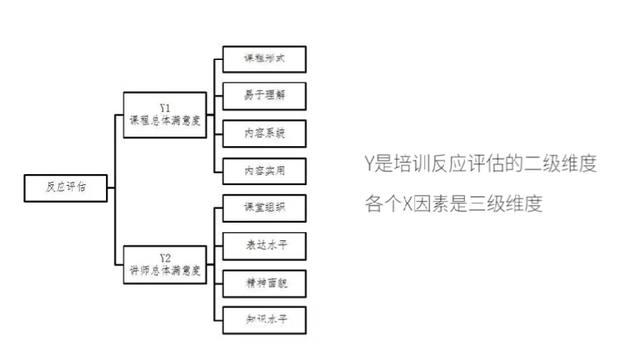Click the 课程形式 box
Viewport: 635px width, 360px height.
(x=263, y=60)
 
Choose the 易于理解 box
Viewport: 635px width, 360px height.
(x=263, y=96)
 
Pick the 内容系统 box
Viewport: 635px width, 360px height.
(x=263, y=133)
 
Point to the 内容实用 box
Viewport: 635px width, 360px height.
(x=263, y=170)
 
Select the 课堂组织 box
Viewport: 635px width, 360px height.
(x=263, y=208)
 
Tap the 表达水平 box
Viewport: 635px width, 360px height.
(x=263, y=245)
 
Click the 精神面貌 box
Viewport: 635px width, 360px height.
(x=263, y=282)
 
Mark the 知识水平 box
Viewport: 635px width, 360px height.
(x=263, y=318)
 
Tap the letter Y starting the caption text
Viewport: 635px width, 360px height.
(x=369, y=163)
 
